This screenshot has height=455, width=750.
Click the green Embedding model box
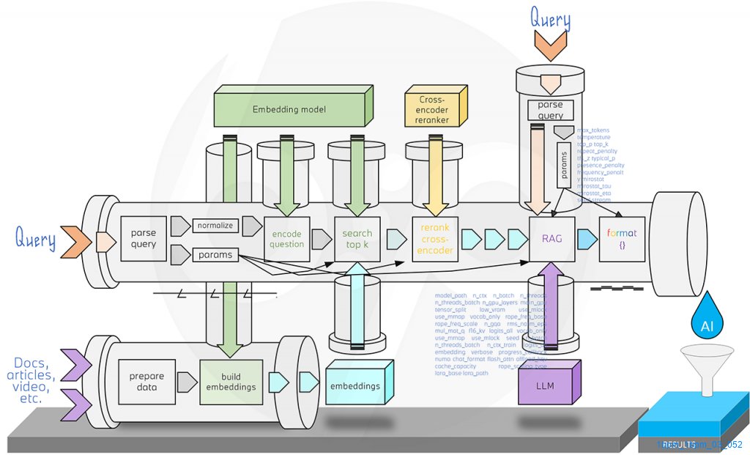(x=289, y=109)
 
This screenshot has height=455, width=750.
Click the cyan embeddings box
(x=355, y=385)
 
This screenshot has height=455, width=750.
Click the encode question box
(x=287, y=239)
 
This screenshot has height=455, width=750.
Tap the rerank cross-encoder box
(x=435, y=239)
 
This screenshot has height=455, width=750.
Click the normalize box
(x=216, y=226)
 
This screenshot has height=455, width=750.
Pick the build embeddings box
(x=231, y=382)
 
